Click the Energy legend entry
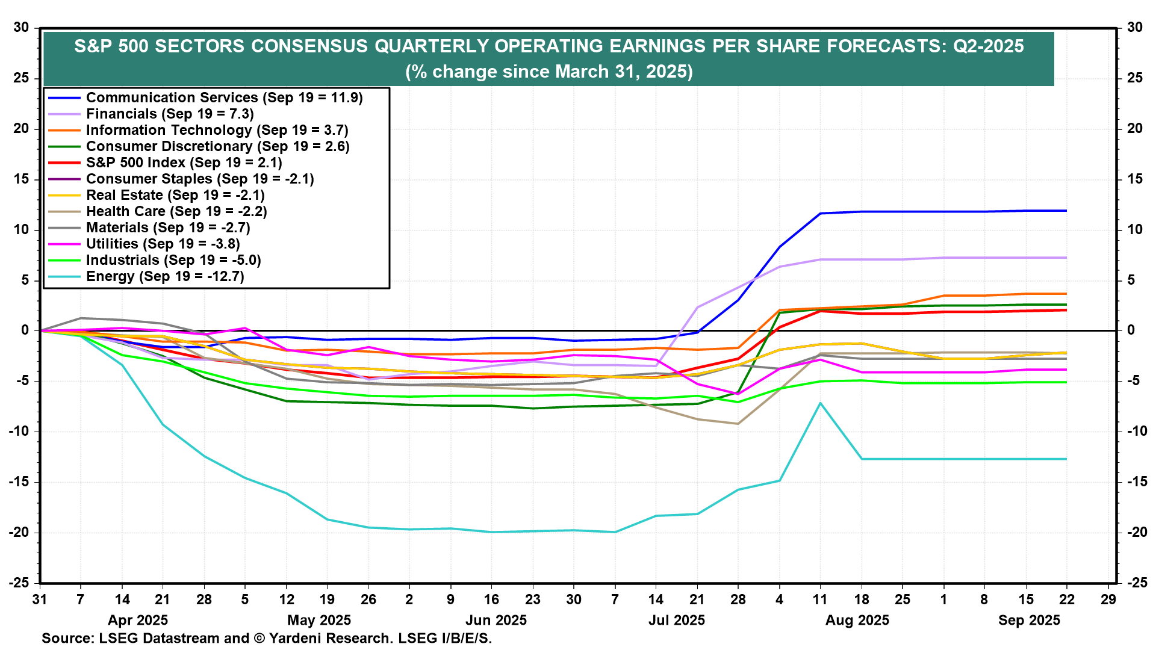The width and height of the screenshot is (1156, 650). (x=164, y=276)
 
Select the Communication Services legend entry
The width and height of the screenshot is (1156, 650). (x=224, y=97)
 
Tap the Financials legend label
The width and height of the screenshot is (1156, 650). (x=170, y=114)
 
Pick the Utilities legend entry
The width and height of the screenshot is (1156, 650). (x=163, y=244)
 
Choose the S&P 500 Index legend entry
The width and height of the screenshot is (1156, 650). (x=184, y=162)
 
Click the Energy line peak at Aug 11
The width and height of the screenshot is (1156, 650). (x=820, y=403)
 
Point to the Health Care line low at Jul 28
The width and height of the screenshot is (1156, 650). (x=738, y=424)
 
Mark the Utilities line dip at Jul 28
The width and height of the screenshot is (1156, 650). (x=738, y=394)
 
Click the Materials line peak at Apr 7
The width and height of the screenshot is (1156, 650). (x=81, y=318)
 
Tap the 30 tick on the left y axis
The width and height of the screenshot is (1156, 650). (x=21, y=27)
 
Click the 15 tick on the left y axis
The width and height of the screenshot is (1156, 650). (x=21, y=179)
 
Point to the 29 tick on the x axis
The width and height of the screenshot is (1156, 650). (x=1108, y=599)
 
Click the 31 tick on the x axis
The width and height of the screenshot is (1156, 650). (x=40, y=599)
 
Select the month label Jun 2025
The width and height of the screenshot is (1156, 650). (x=496, y=620)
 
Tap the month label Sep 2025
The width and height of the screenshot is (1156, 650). (x=1029, y=620)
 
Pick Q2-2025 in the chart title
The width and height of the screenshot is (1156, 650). (x=988, y=46)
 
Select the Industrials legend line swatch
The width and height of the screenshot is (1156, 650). (x=64, y=260)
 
